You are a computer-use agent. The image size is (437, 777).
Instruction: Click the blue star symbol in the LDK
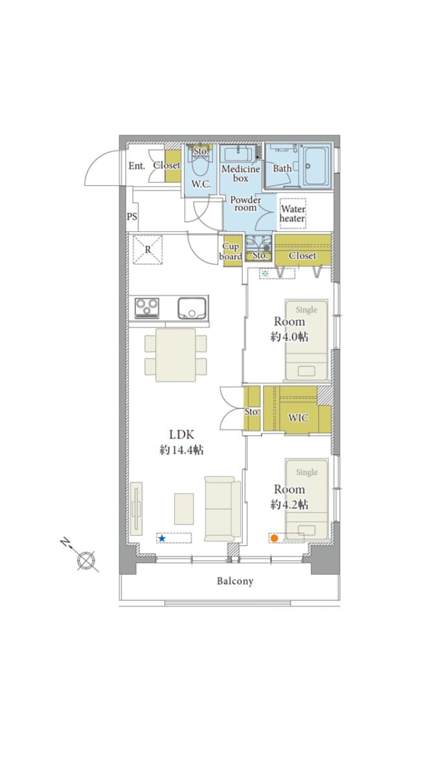[x=162, y=538]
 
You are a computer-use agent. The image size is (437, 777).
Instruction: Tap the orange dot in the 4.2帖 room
[x=274, y=538]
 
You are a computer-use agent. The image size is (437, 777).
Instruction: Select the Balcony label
[x=235, y=581]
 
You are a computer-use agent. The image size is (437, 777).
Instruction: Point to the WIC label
[x=298, y=418]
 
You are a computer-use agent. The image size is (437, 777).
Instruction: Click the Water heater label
[x=293, y=214]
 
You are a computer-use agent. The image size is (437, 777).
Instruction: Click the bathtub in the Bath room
[x=317, y=166]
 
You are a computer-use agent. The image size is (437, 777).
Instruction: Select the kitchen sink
[x=192, y=308]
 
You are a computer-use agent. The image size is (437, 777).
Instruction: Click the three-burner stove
[x=147, y=308]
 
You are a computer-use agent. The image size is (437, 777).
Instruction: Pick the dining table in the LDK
[x=175, y=355]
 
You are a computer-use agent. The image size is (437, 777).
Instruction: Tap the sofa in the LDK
[x=223, y=508]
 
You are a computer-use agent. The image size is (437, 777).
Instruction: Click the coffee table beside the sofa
[x=184, y=509]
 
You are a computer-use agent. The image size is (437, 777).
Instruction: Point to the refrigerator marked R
[x=148, y=250]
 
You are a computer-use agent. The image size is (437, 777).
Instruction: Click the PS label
[x=132, y=217]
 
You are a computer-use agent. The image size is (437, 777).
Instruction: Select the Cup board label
[x=231, y=251]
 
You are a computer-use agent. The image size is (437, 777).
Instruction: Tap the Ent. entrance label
[x=137, y=166]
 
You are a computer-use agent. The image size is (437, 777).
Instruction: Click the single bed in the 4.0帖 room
[x=306, y=340]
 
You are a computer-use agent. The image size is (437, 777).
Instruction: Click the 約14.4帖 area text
[x=181, y=450]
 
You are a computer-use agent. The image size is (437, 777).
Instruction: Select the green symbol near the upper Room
[x=265, y=274]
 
